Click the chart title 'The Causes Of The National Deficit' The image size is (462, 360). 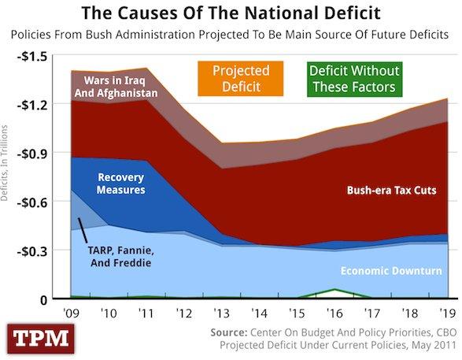(231, 13)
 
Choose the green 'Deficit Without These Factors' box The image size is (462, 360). (354, 78)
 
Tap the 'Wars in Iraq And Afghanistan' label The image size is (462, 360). (116, 86)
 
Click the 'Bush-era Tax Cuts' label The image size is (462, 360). (391, 190)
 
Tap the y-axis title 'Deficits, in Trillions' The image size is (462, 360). (6, 162)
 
